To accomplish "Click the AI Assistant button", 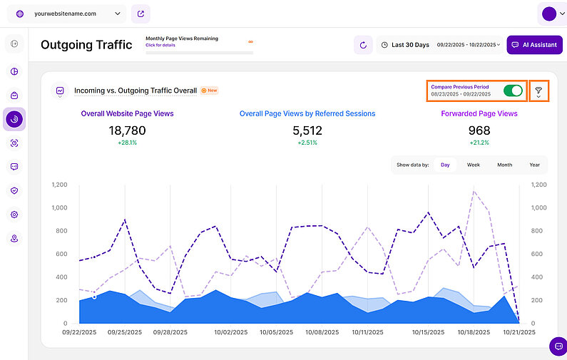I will pyautogui.click(x=534, y=45).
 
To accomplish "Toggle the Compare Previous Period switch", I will pyautogui.click(x=512, y=91).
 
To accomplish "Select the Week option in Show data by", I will pyautogui.click(x=474, y=165).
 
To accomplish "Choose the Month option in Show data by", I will pyautogui.click(x=504, y=165).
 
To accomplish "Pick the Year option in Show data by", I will pyautogui.click(x=534, y=165).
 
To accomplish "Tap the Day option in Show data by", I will pyautogui.click(x=445, y=165).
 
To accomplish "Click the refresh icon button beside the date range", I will pyautogui.click(x=363, y=45).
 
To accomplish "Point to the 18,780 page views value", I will pyautogui.click(x=127, y=130).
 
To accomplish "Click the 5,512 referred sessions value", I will pyautogui.click(x=307, y=130).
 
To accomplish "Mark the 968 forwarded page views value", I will pyautogui.click(x=479, y=130).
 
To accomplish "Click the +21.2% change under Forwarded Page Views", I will pyautogui.click(x=479, y=143).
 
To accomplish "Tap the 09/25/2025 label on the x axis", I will pyautogui.click(x=126, y=332).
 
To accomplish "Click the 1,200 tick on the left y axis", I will pyautogui.click(x=59, y=185).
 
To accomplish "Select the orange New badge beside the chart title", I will pyautogui.click(x=210, y=91).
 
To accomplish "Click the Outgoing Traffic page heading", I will pyautogui.click(x=86, y=45).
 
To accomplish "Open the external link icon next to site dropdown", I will pyautogui.click(x=141, y=14).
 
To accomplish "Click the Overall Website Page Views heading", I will pyautogui.click(x=127, y=113).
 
